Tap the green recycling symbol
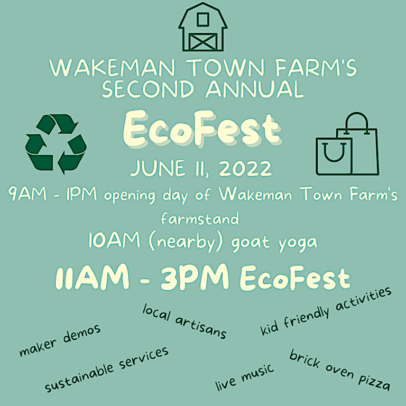pyautogui.click(x=56, y=143)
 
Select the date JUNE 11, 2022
pyautogui.click(x=201, y=169)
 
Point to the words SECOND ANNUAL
pyautogui.click(x=202, y=89)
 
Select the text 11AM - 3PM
pyautogui.click(x=143, y=277)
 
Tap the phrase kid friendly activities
pyautogui.click(x=326, y=311)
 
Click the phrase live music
pyautogui.click(x=245, y=377)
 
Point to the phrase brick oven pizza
pyautogui.click(x=340, y=371)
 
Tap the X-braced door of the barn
pyautogui.click(x=202, y=40)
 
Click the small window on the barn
pyautogui.click(x=202, y=20)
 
